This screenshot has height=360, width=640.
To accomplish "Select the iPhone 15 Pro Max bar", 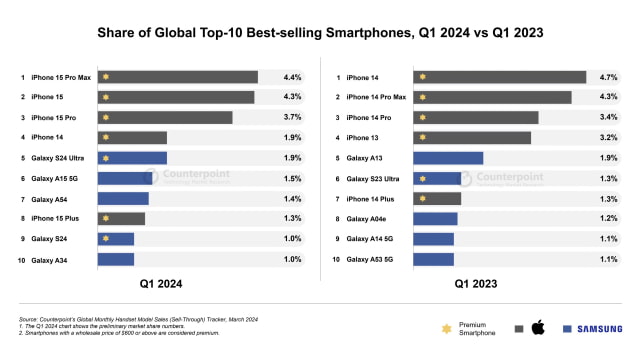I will coord(178,77).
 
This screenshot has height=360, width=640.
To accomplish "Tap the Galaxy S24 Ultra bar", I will coord(132,158).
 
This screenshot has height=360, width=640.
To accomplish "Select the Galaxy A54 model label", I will coord(49,199).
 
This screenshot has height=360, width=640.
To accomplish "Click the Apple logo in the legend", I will coord(536,328).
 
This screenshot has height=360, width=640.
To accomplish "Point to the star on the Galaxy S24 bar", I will coord(105,239).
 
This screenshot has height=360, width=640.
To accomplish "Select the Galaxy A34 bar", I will coord(116,259).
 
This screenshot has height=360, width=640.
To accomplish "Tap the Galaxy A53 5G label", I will coord(369,260).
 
